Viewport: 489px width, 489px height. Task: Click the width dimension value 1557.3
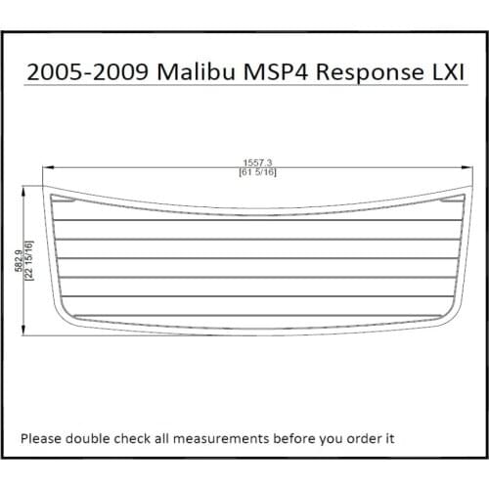click(x=257, y=163)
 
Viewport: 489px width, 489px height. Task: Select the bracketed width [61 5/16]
click(x=257, y=173)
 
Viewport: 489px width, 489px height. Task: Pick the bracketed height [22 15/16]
click(x=28, y=260)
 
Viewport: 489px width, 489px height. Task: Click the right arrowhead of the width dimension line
click(x=467, y=168)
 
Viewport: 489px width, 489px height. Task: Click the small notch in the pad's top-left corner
click(x=66, y=200)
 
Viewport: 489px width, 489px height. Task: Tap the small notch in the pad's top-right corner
click(x=450, y=200)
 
